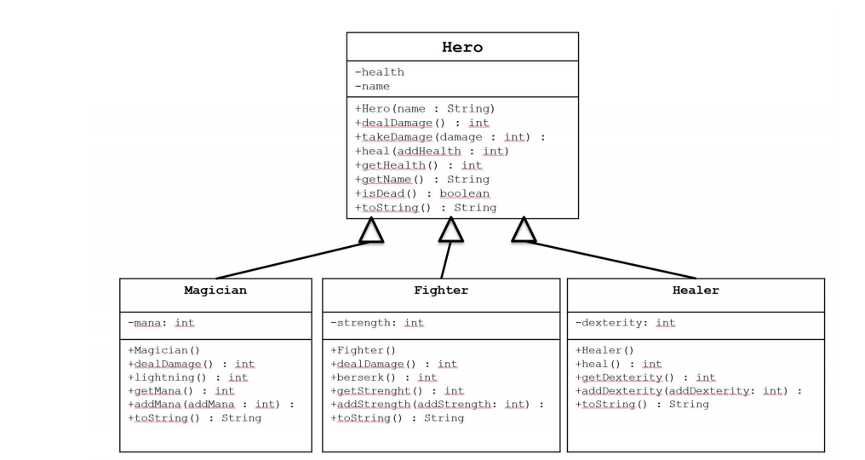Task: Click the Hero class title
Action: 461,48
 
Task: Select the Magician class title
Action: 215,290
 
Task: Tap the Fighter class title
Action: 440,290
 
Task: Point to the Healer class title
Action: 695,290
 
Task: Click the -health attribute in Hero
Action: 380,72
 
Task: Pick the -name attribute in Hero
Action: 373,86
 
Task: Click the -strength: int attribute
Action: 377,323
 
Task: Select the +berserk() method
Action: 383,377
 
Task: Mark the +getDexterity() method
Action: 646,377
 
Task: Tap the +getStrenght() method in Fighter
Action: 396,390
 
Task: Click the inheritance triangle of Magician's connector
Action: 371,231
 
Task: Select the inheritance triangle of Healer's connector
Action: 523,230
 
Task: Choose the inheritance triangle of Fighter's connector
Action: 450,230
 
